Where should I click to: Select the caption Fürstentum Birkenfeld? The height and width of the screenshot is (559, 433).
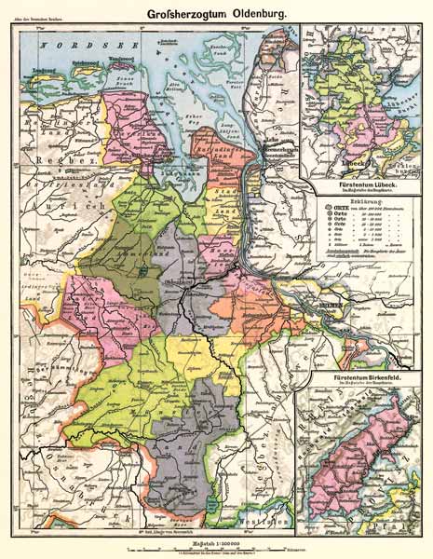[359, 375]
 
